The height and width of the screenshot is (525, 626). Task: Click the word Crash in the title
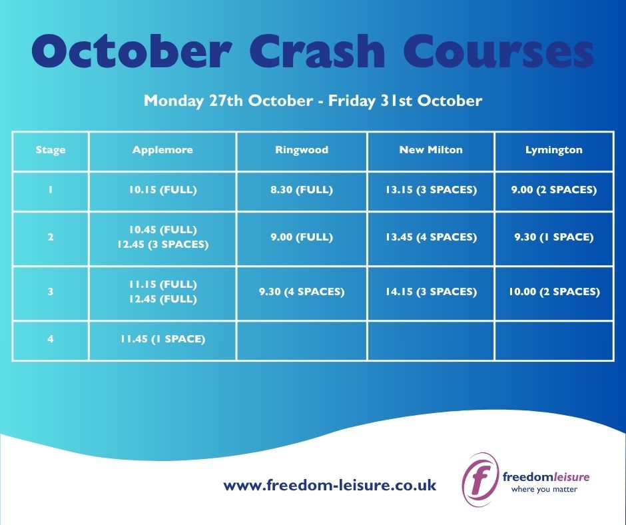click(317, 51)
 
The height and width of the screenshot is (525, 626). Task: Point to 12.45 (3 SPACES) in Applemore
click(162, 244)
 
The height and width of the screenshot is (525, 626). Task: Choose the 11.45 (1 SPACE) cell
click(162, 339)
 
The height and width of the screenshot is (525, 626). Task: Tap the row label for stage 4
click(51, 339)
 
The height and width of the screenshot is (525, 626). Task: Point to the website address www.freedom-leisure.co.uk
click(330, 486)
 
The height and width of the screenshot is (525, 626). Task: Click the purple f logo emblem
click(480, 479)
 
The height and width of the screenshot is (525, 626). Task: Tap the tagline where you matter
click(544, 489)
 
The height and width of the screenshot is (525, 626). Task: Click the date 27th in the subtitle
click(226, 101)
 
